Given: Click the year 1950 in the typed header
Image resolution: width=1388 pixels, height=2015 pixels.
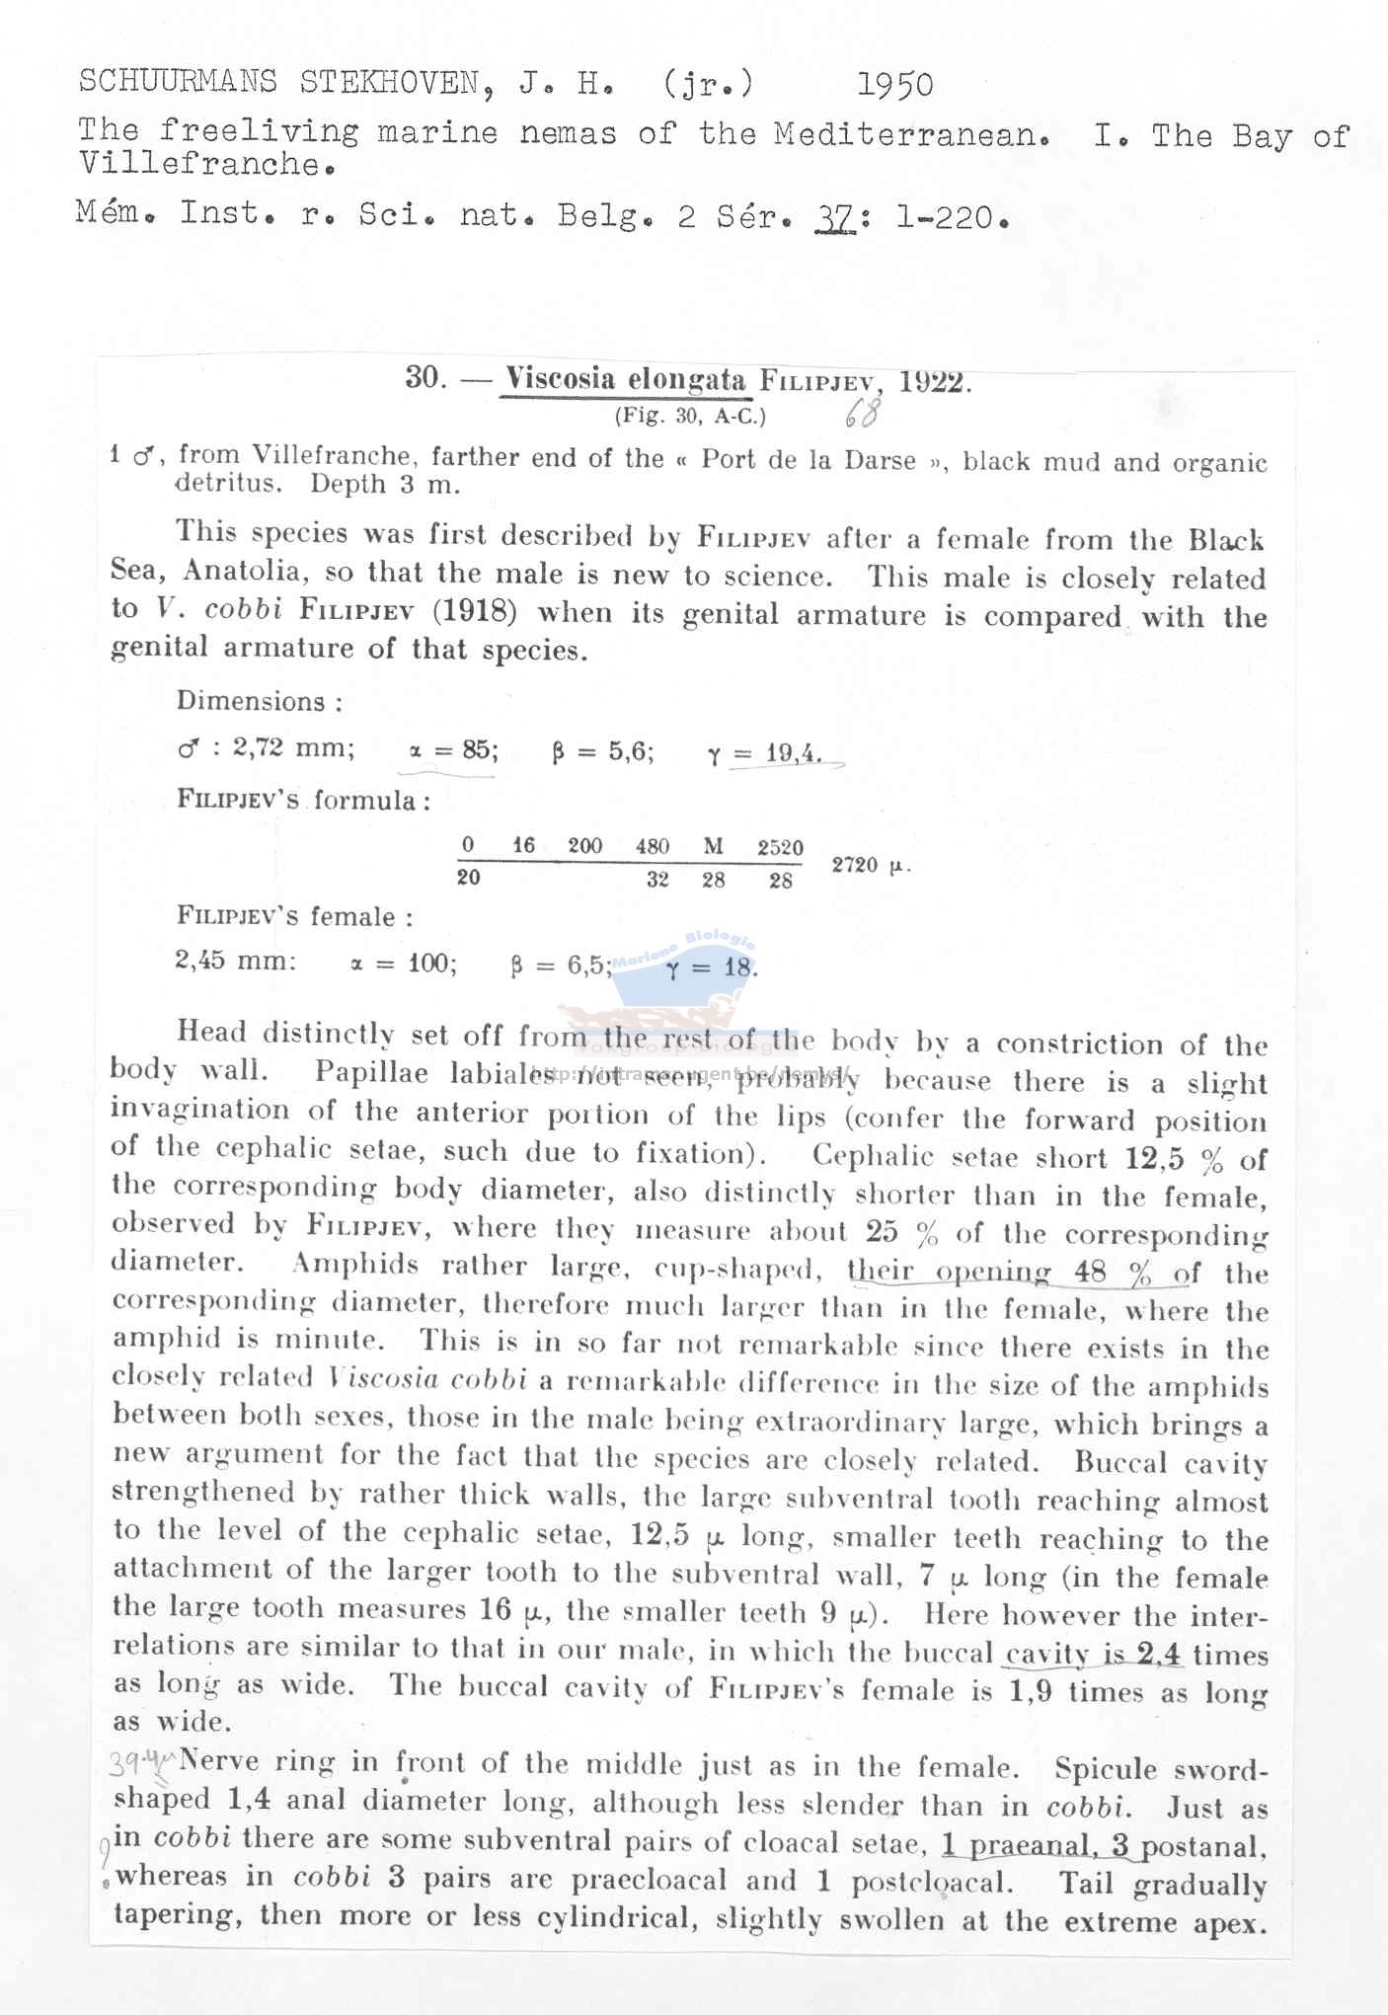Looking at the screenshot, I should tap(894, 85).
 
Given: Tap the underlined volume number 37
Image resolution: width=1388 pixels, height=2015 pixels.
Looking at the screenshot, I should tap(835, 217).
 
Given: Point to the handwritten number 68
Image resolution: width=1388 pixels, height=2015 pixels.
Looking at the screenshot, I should tap(861, 413).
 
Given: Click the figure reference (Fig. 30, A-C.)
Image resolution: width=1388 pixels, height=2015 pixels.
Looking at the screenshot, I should tap(690, 417).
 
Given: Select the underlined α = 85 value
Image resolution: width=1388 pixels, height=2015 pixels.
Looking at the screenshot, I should tap(452, 750).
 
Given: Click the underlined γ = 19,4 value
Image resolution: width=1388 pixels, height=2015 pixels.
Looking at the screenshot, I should tap(765, 754).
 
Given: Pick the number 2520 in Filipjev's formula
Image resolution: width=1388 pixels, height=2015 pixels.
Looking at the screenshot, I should tap(780, 847).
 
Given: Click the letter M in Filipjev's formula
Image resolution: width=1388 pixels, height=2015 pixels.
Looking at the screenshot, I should tap(713, 846).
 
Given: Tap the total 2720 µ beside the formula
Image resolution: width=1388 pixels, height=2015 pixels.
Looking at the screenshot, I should tap(869, 866).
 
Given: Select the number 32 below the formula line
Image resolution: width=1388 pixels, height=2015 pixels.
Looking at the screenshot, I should tap(657, 880).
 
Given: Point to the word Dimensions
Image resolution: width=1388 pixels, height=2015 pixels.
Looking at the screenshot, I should tap(251, 701).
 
